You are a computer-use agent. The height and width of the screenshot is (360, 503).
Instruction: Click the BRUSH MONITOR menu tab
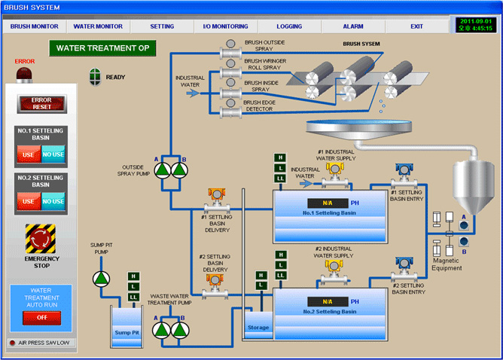coord(35,26)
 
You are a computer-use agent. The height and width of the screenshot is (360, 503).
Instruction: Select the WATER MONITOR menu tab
coord(98,26)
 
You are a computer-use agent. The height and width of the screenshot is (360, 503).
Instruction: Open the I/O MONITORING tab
coord(225,26)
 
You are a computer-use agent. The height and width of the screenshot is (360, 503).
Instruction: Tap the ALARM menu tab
coord(352,26)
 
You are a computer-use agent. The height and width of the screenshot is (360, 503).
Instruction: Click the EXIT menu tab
coord(416,26)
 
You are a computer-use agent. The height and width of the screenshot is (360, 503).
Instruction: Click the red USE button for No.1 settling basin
coord(28,155)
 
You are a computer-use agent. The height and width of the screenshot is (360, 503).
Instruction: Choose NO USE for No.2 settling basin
coord(53,202)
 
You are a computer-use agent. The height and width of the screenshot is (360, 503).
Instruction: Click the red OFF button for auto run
coord(41,317)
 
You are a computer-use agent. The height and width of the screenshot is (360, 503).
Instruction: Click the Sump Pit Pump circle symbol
coord(101,279)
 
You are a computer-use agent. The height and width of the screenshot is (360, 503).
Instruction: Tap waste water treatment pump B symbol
coord(179,329)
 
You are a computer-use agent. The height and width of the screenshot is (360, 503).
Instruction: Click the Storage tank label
coord(258,328)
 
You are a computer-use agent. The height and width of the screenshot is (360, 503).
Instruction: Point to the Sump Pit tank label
coord(127,331)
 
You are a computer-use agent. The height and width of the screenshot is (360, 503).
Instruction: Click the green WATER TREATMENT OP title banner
coord(102,49)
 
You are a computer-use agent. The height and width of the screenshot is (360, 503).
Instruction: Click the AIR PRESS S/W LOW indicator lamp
coord(12,343)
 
